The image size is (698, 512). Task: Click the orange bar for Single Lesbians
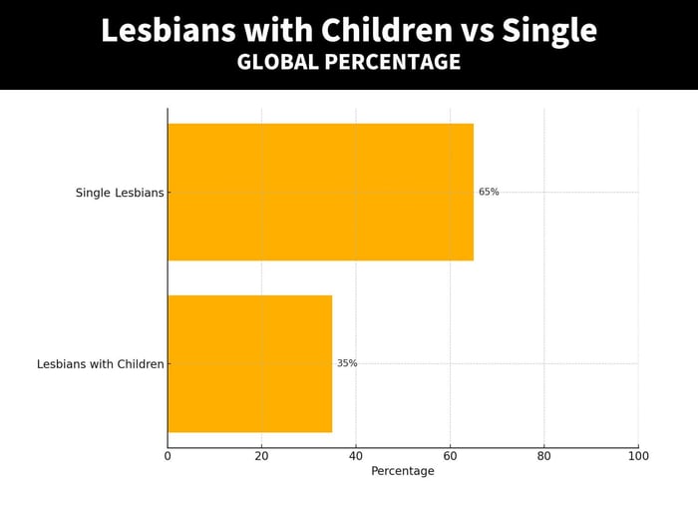[x=320, y=192]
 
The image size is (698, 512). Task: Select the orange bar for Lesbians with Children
[x=249, y=363]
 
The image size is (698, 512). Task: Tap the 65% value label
[x=489, y=192]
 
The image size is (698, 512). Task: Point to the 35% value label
[x=347, y=363]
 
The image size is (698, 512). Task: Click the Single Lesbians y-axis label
[x=120, y=193]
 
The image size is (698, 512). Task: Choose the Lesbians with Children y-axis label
[x=101, y=364]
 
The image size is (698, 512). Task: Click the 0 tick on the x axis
[x=168, y=456]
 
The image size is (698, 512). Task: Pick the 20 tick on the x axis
[x=261, y=456]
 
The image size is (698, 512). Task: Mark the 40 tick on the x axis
[x=356, y=456]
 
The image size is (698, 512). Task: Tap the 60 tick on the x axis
[x=450, y=456]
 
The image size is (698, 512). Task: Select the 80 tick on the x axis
[x=544, y=456]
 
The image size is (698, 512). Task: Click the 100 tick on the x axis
[x=638, y=456]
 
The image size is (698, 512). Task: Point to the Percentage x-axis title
[x=403, y=471]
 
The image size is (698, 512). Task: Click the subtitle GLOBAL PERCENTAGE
[x=349, y=62]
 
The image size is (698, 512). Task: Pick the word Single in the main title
[x=549, y=31]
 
